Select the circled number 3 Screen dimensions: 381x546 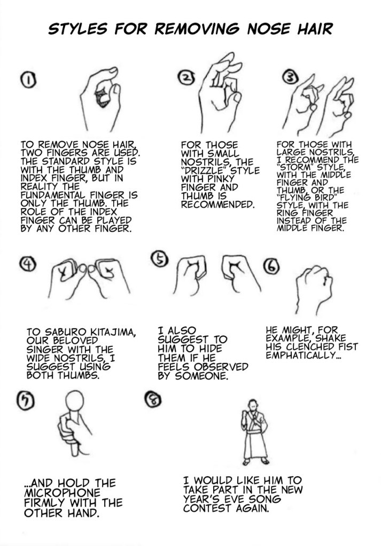(291, 78)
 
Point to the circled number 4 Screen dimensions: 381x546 (28, 264)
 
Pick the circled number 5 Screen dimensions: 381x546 (159, 259)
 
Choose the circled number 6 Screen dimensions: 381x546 (272, 267)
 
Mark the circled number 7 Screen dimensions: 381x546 (26, 400)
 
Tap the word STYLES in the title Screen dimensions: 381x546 (77, 29)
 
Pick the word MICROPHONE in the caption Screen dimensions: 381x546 (62, 493)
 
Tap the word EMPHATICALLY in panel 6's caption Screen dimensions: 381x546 (301, 355)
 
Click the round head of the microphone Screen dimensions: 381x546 (75, 401)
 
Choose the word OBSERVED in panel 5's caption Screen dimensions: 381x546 (221, 367)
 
